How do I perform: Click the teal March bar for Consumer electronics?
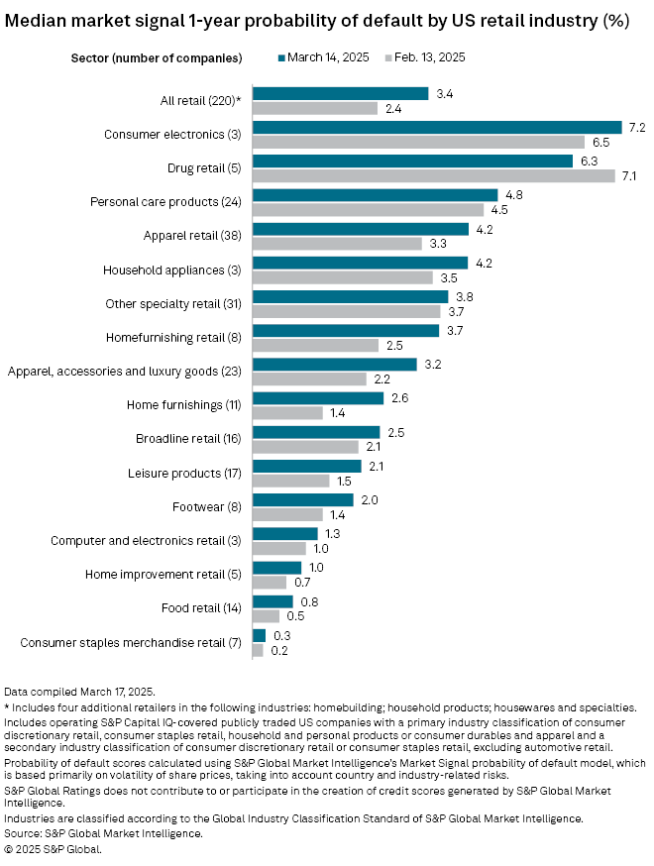(x=437, y=128)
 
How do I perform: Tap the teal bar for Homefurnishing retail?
(x=346, y=330)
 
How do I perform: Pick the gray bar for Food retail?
(x=266, y=615)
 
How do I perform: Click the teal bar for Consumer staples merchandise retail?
(x=260, y=635)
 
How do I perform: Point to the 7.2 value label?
(x=636, y=128)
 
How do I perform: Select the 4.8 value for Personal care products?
(x=514, y=195)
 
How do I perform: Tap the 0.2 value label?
(x=278, y=651)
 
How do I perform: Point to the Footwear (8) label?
(x=211, y=507)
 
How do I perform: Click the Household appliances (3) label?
(x=173, y=271)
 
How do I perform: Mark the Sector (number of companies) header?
(x=157, y=57)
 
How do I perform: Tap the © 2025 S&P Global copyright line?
(x=53, y=849)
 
